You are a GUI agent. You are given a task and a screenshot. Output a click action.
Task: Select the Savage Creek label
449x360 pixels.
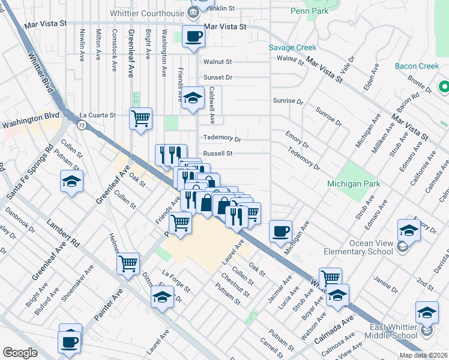click(292, 47)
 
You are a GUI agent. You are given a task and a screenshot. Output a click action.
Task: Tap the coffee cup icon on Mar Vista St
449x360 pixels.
click(193, 37)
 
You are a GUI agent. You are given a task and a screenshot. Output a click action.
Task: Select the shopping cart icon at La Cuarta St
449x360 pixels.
click(140, 118)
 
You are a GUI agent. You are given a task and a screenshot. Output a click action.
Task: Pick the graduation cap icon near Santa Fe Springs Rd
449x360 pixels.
click(71, 181)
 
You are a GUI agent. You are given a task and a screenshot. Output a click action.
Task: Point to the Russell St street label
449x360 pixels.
click(217, 154)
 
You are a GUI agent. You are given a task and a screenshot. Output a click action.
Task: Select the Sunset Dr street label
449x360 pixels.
click(217, 77)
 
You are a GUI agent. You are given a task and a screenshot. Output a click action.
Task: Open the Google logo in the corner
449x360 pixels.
click(20, 353)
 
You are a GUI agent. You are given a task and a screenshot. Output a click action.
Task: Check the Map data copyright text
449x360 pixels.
click(423, 355)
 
